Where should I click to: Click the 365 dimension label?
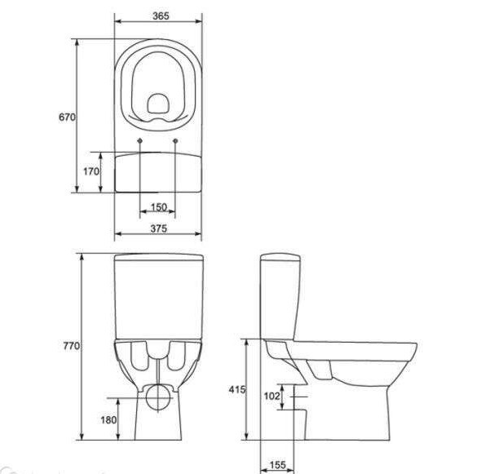161,16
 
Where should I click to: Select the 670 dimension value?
67,117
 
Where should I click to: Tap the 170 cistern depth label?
91,171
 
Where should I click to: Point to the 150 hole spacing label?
159,206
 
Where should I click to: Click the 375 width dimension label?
159,228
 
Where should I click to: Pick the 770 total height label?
72,346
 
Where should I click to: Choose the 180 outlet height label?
108,420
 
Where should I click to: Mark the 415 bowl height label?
237,389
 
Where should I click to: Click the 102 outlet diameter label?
272,396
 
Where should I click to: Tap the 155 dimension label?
278,465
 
